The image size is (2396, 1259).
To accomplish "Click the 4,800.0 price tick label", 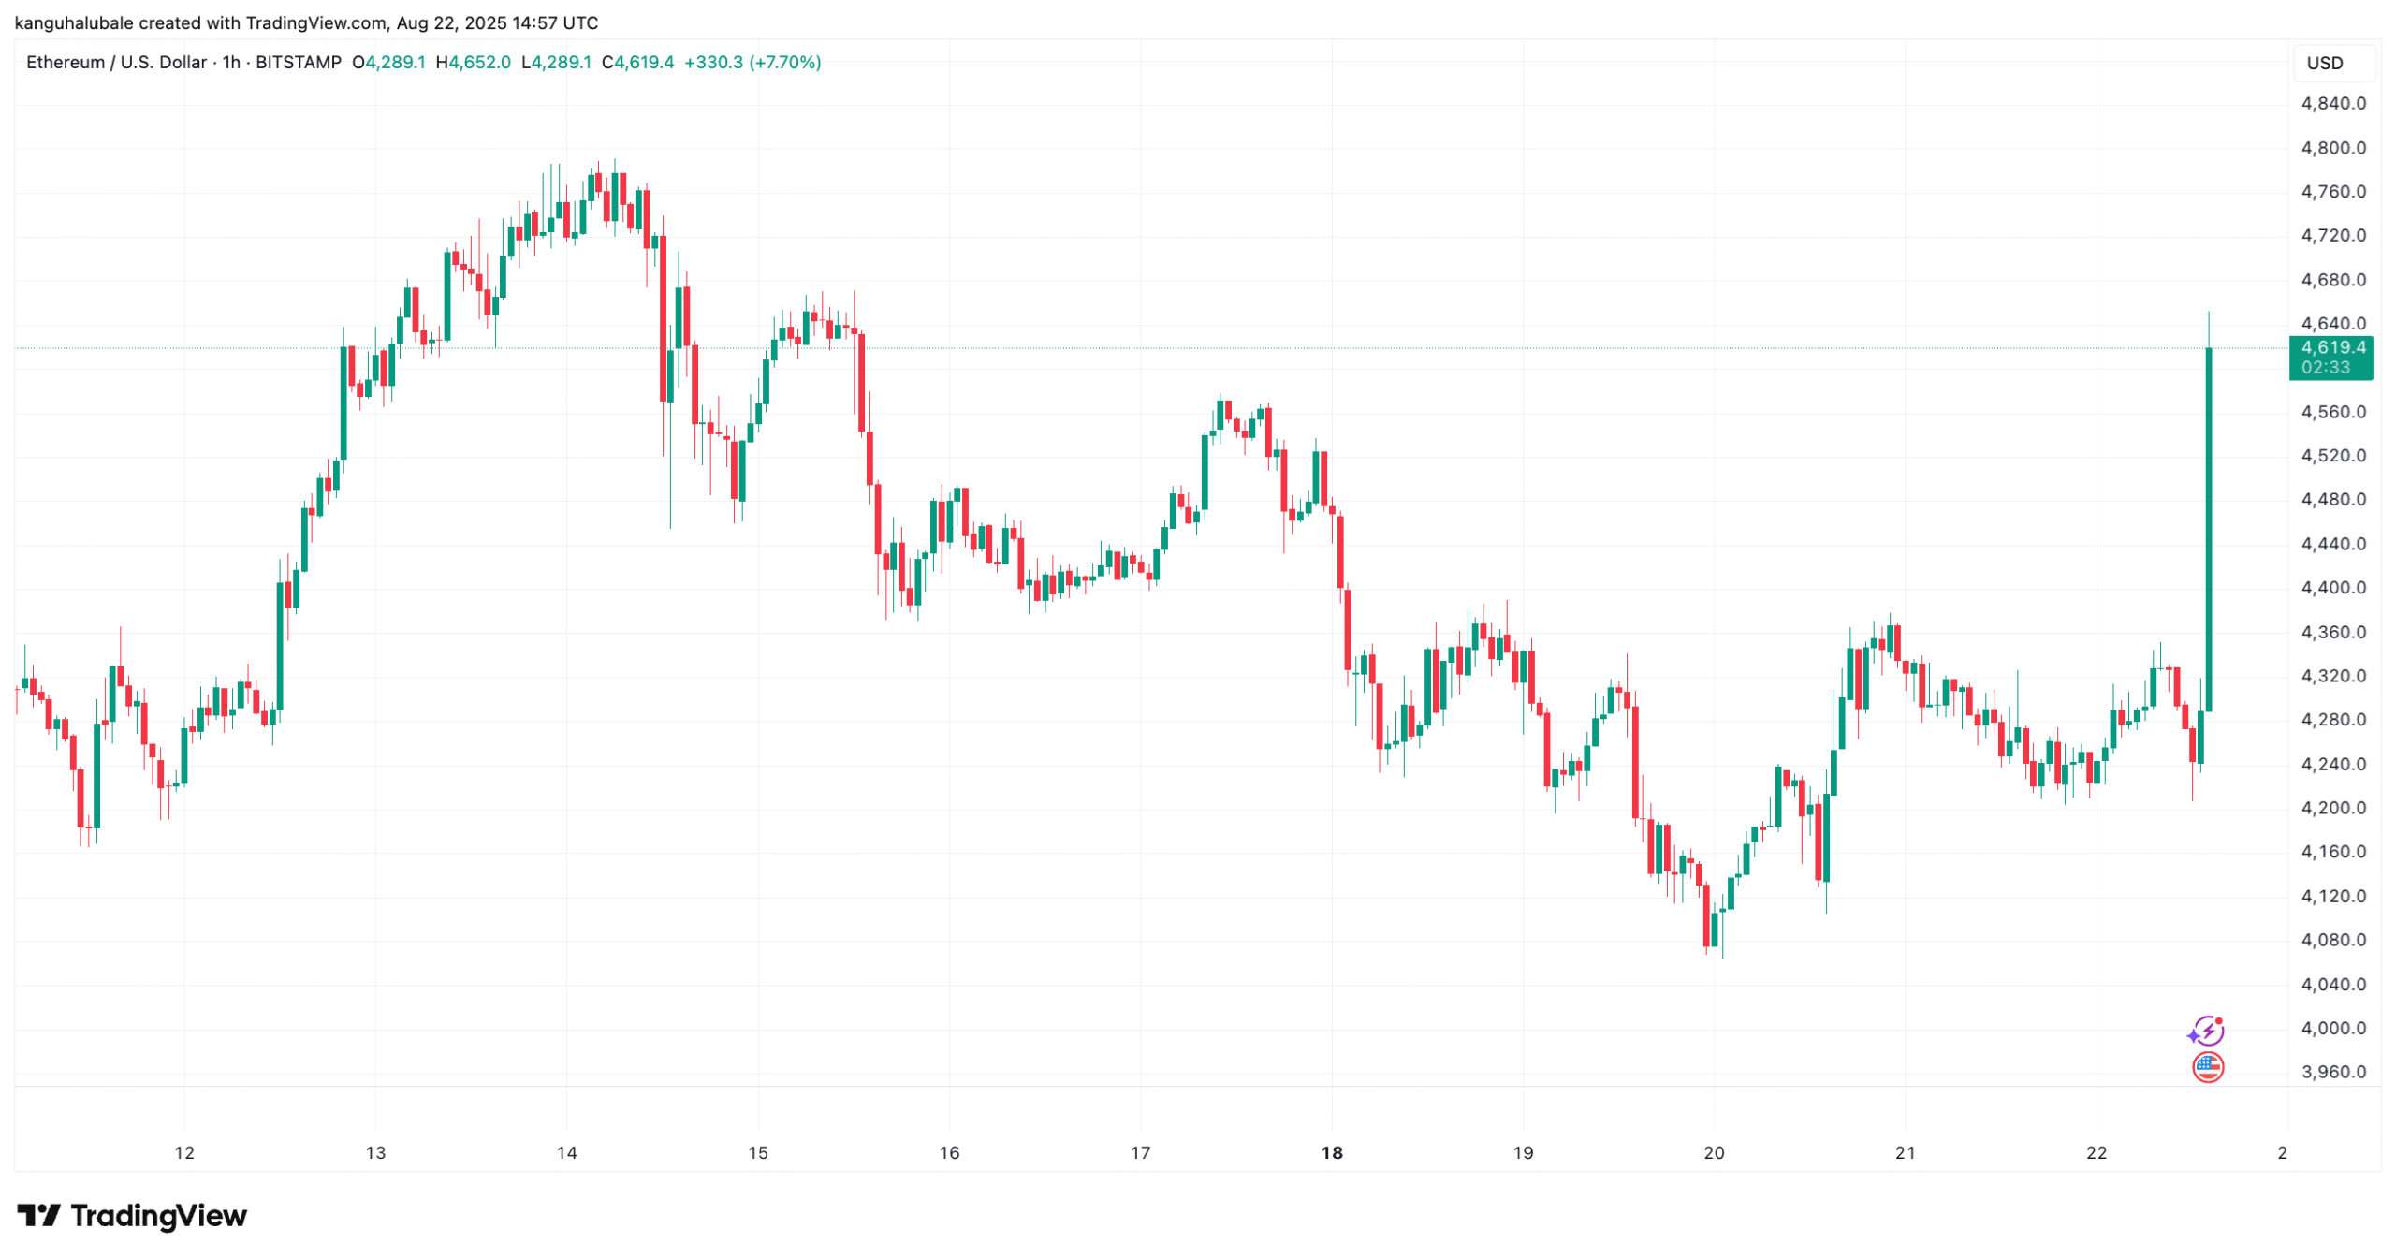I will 2332,148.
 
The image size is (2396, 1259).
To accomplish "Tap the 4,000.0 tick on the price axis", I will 2332,1028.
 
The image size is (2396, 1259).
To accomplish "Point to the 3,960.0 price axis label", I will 2332,1072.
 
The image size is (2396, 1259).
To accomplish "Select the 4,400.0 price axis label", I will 2332,588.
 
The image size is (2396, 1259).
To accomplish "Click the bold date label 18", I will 1331,1153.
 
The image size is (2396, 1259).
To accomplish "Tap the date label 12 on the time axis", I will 184,1153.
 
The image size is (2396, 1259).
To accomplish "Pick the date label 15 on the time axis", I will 757,1153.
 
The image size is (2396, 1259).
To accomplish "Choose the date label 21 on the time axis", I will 1905,1153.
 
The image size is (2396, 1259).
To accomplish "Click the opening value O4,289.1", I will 388,63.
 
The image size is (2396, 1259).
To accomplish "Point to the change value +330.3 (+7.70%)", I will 752,63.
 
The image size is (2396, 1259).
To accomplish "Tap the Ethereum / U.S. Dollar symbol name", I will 116,63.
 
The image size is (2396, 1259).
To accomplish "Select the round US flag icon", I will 2208,1067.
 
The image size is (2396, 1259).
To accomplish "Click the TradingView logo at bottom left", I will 132,1216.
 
